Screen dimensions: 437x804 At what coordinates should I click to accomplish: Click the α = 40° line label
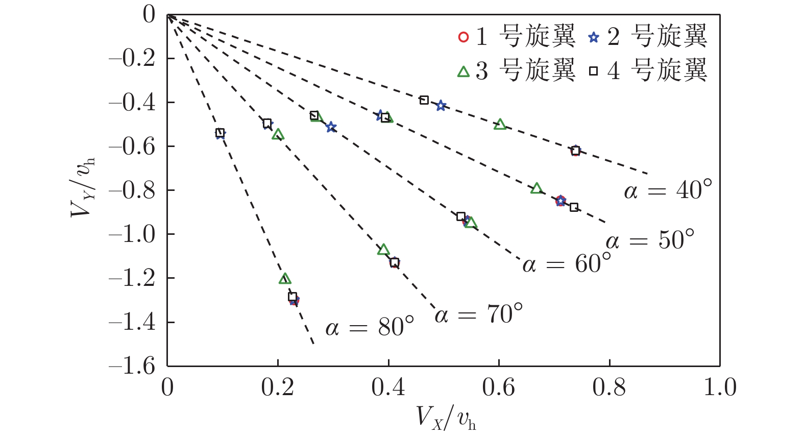[x=667, y=190]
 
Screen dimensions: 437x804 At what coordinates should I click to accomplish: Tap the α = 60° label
[x=566, y=264]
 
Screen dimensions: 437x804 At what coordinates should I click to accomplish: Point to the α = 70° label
[x=478, y=314]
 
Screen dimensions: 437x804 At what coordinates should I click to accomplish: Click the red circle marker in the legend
[x=464, y=37]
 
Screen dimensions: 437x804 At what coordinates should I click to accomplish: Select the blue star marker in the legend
[x=593, y=37]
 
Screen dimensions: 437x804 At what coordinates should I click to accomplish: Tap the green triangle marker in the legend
[x=464, y=71]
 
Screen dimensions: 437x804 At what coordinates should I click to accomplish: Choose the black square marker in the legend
[x=593, y=71]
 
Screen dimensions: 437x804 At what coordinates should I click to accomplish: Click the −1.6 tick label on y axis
[x=132, y=366]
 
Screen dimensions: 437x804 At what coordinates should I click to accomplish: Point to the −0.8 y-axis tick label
[x=132, y=190]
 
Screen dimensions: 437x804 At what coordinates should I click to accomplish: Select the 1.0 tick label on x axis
[x=720, y=387]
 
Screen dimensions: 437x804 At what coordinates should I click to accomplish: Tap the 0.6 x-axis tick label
[x=499, y=387]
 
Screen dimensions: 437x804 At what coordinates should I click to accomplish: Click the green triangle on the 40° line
[x=500, y=124]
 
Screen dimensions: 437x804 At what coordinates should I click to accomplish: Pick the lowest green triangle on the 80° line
[x=285, y=279]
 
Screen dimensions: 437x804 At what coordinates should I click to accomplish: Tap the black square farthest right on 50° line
[x=574, y=207]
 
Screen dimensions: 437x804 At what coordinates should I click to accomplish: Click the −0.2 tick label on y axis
[x=132, y=59]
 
